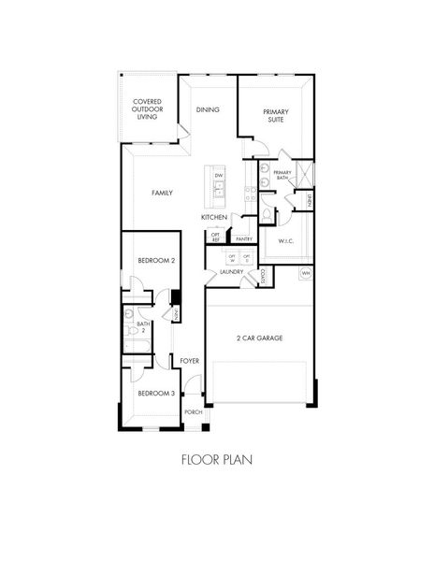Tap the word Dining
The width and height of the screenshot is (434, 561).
click(208, 109)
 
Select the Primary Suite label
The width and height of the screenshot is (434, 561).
click(275, 117)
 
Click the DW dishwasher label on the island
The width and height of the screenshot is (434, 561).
click(218, 176)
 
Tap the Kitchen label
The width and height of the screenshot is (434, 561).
click(214, 217)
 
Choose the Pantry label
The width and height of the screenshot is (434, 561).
click(244, 239)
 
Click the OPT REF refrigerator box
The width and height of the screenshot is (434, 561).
click(215, 237)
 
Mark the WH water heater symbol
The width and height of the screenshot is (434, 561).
click(305, 273)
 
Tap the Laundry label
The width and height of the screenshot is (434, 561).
click(232, 272)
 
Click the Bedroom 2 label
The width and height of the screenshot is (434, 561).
click(156, 261)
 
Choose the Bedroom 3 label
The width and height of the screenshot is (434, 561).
click(156, 394)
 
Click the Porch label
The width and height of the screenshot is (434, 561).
click(194, 412)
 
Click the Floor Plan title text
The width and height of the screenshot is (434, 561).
click(216, 460)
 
